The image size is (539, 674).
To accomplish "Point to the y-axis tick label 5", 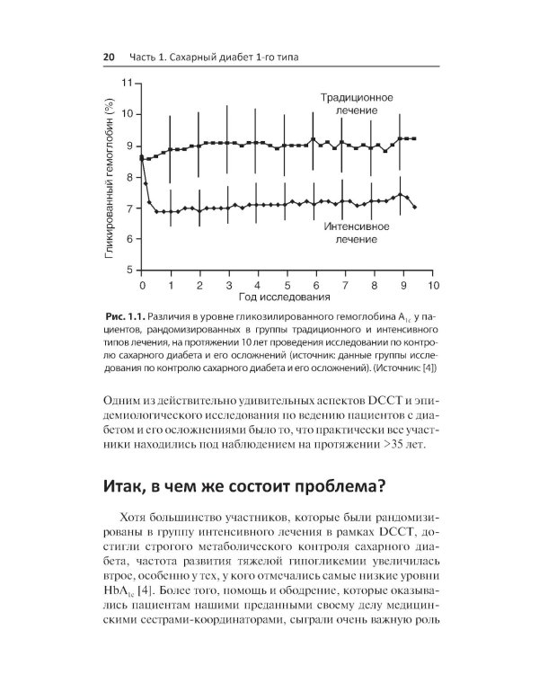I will pos(128,270).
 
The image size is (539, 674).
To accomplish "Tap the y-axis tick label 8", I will pos(128,176).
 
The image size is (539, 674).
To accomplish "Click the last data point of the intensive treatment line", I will pos(414,207).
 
